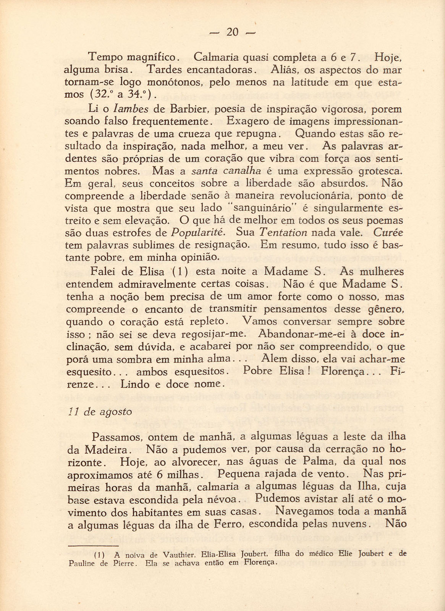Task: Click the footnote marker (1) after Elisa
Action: (x=178, y=272)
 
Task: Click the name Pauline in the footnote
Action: (x=82, y=564)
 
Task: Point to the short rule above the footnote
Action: (x=87, y=546)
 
